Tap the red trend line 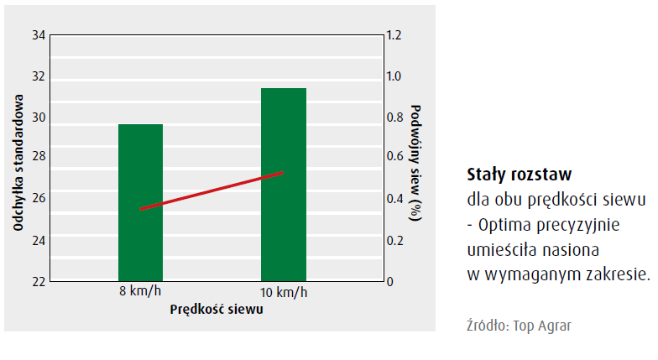pos(211,190)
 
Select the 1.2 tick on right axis pos(394,36)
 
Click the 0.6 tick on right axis pos(394,159)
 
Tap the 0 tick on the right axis pos(390,281)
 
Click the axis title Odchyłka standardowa pos(18,159)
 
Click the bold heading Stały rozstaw pos(519,175)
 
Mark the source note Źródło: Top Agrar pos(520,325)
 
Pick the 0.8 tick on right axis pos(394,117)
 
